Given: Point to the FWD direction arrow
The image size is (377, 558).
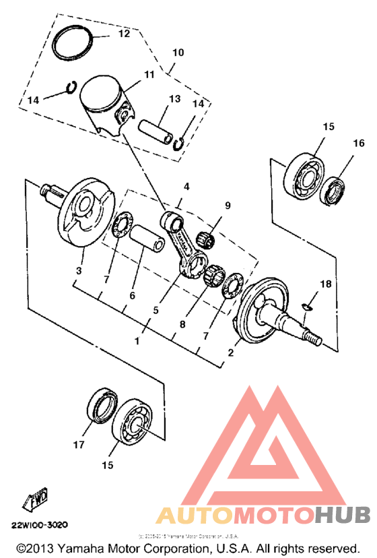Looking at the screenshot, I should pyautogui.click(x=33, y=499).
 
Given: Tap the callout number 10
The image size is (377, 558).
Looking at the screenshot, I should pyautogui.click(x=178, y=52).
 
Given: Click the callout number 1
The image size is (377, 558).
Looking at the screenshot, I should pyautogui.click(x=137, y=341).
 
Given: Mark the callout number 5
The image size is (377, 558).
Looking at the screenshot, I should pyautogui.click(x=156, y=311).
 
